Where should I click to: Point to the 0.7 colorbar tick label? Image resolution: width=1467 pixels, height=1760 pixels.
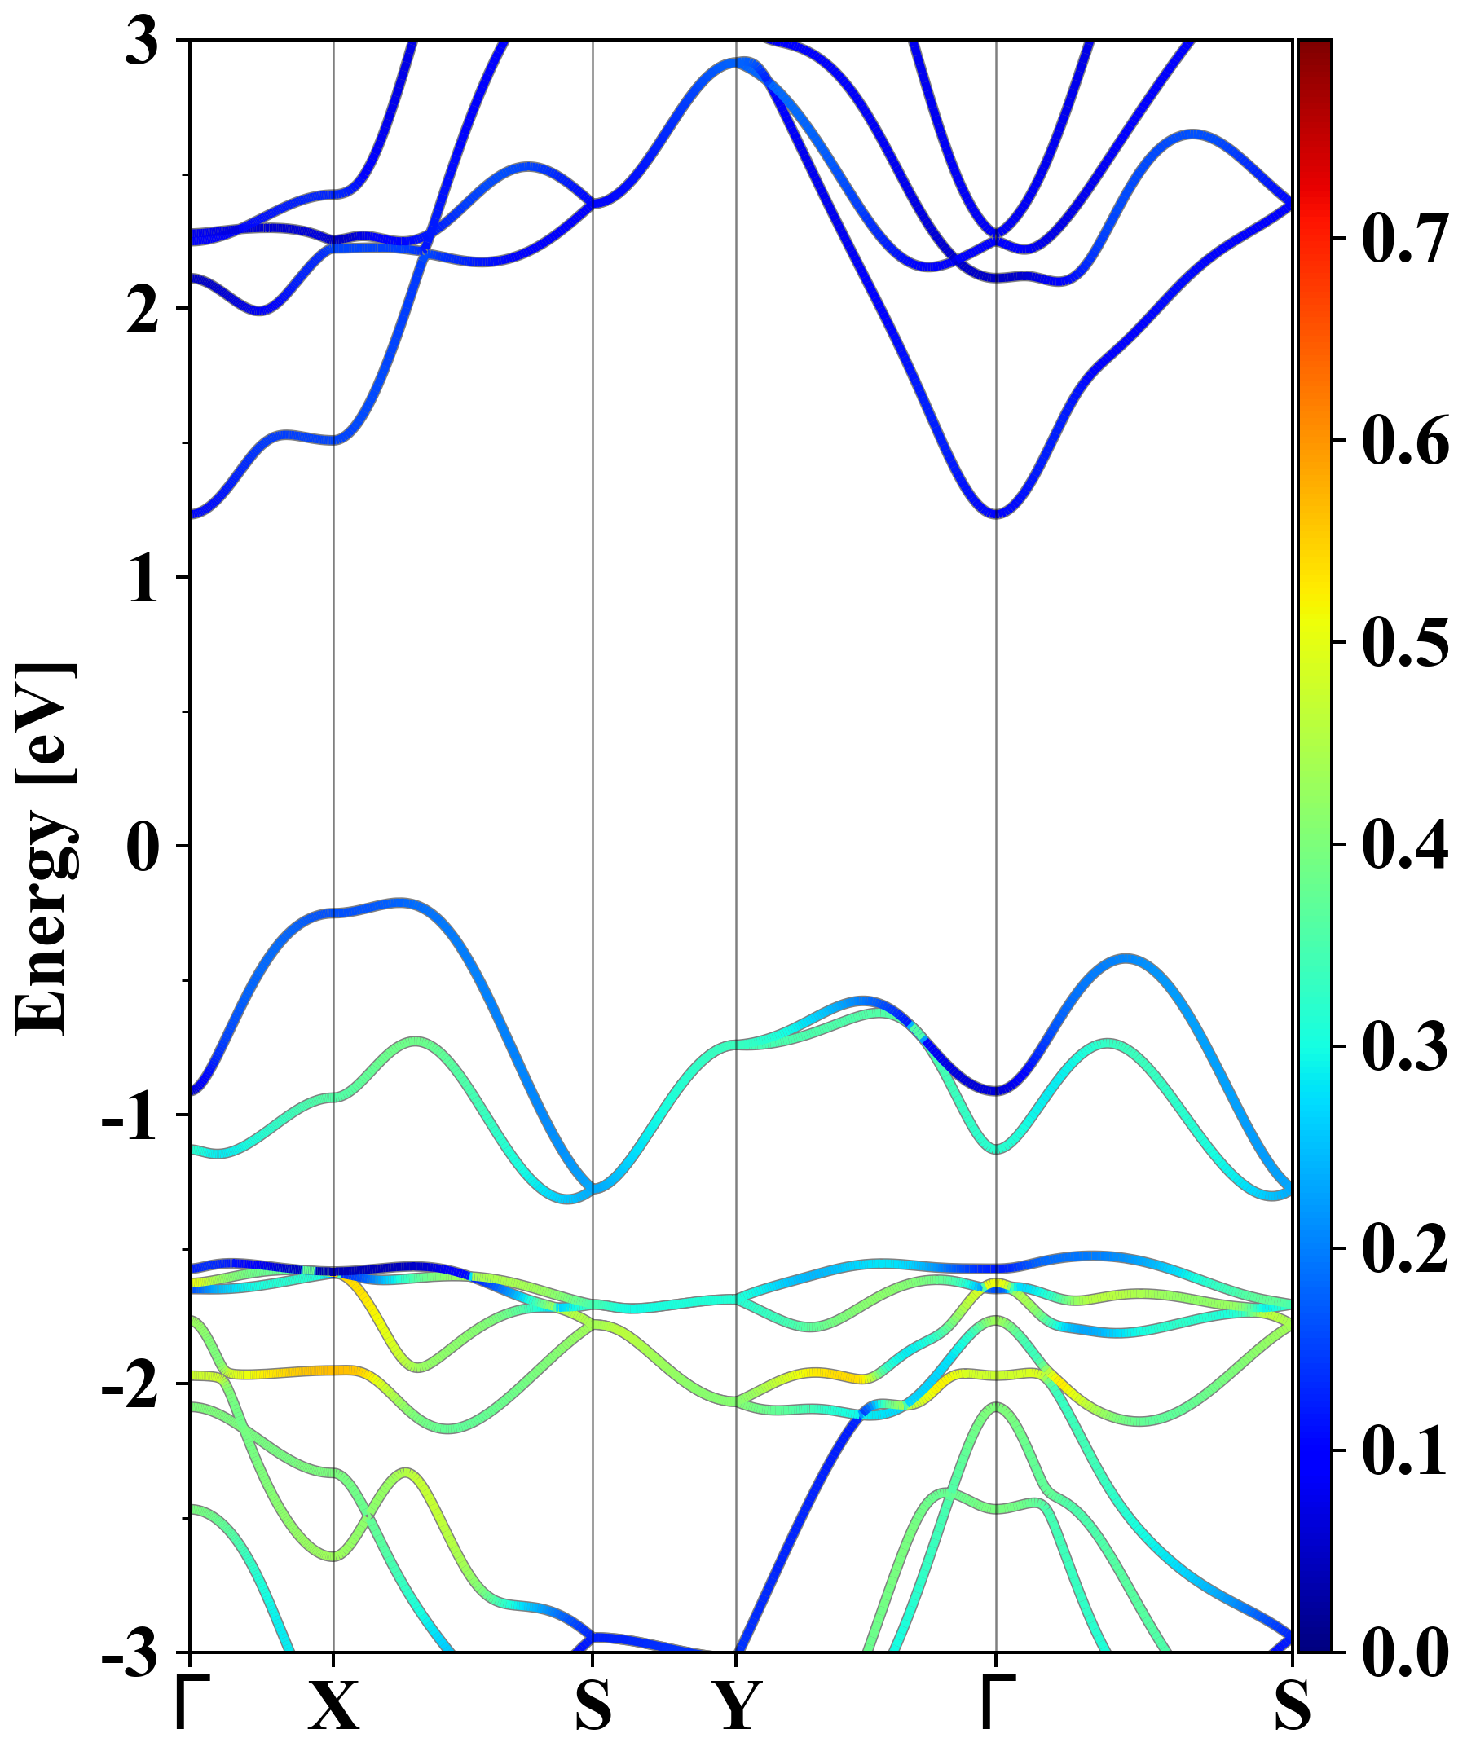click(1405, 239)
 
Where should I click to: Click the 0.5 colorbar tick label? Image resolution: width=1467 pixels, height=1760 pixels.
click(1405, 643)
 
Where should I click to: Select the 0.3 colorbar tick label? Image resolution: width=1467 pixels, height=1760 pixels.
click(1405, 1046)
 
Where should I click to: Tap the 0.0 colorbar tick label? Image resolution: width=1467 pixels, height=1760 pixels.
click(1405, 1652)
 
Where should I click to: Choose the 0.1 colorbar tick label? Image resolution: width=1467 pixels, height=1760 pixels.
click(1405, 1450)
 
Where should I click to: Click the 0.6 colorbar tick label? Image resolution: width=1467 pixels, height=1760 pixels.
click(1405, 441)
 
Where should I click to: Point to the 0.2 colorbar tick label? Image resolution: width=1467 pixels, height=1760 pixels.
click(1405, 1249)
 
